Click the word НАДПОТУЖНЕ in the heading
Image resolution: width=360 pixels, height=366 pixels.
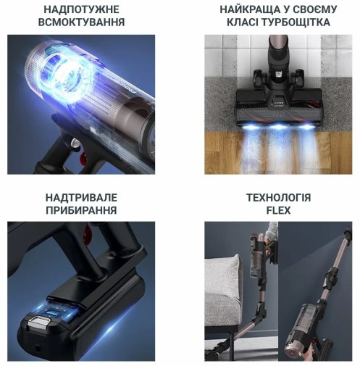pos(83,9)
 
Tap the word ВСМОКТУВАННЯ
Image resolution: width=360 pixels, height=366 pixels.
pos(83,22)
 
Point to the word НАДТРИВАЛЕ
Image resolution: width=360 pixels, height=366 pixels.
pos(83,197)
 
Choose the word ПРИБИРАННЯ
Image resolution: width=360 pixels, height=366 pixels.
pos(83,211)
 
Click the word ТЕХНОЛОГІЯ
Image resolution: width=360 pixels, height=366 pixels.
pos(278,197)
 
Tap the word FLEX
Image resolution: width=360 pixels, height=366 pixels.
pos(278,211)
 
